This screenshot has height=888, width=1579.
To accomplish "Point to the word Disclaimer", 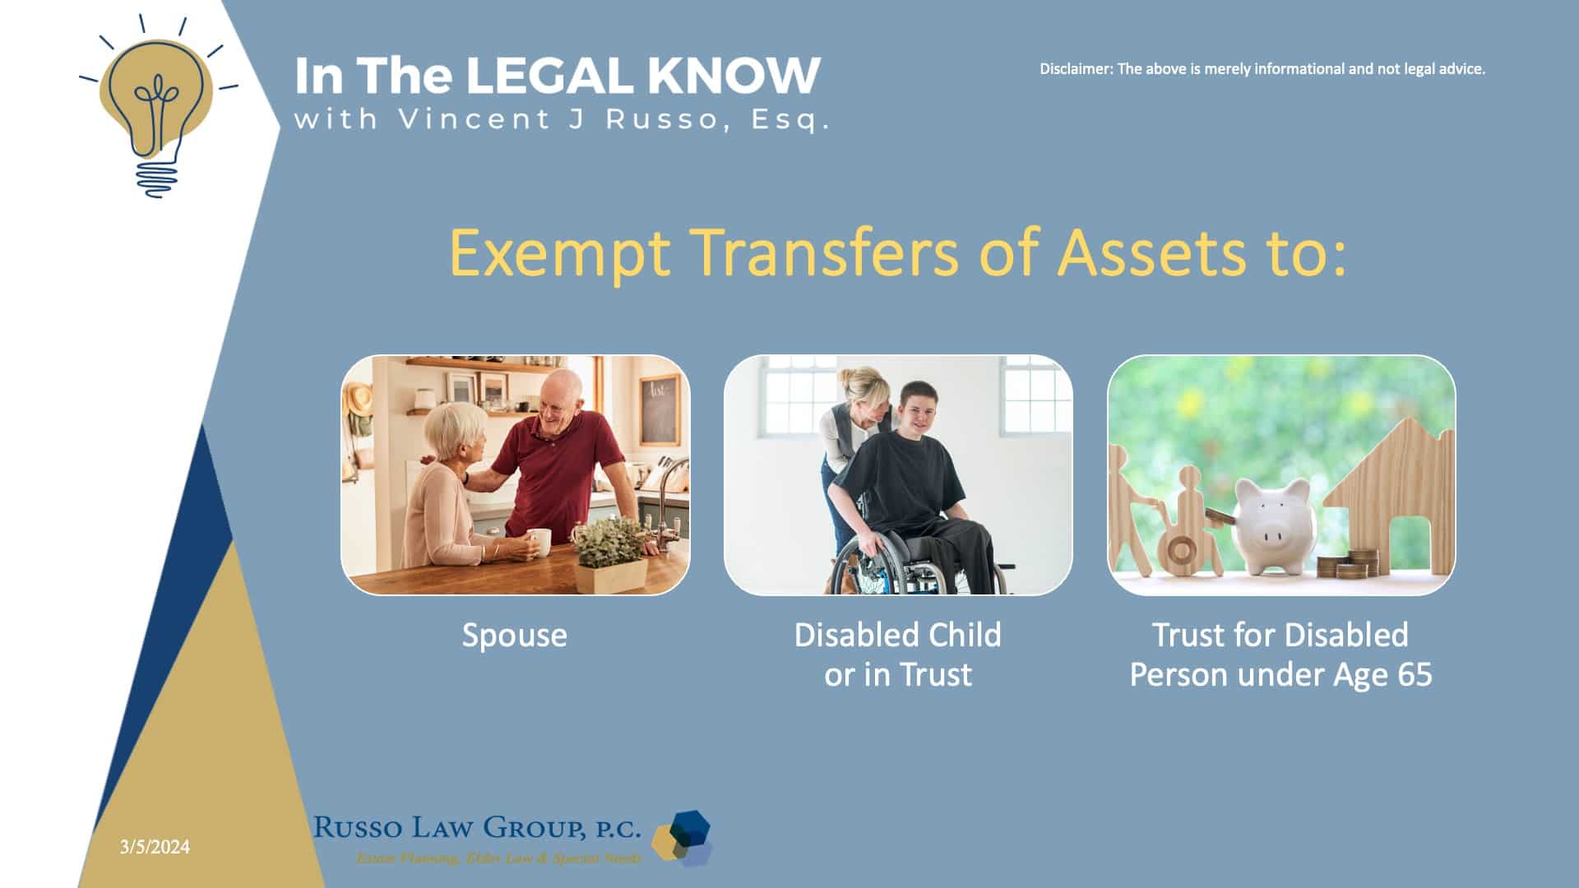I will click(x=1075, y=69).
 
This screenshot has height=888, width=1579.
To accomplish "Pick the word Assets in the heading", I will click(x=1151, y=252).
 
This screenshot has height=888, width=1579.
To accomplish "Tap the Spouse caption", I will click(x=515, y=636).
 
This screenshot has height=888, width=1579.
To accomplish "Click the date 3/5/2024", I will click(x=155, y=847).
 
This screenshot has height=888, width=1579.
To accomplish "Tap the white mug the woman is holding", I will click(x=539, y=541).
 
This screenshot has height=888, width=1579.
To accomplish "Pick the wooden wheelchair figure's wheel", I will click(x=1181, y=550).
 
